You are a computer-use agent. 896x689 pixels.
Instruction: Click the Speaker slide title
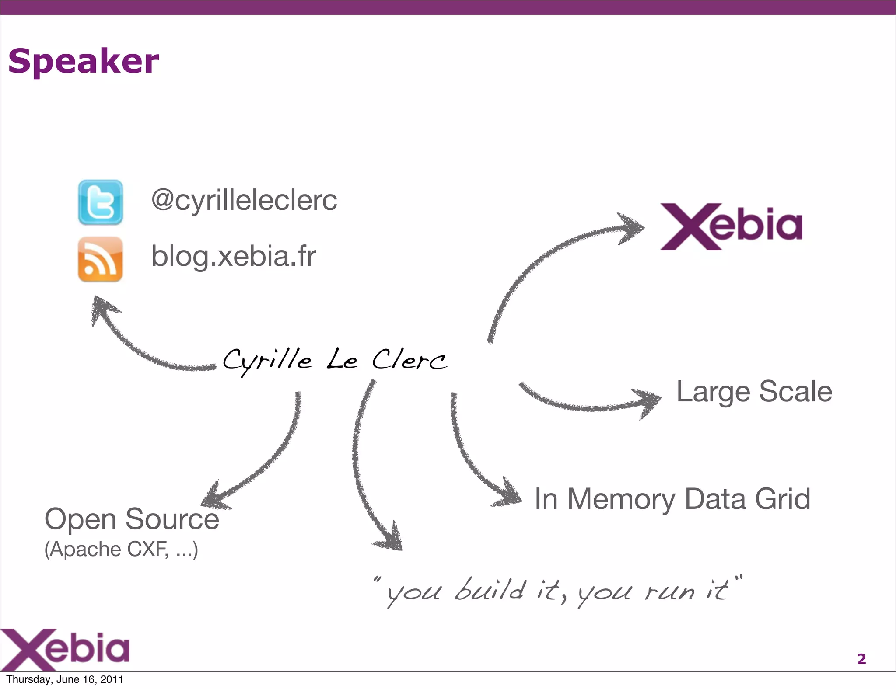point(84,61)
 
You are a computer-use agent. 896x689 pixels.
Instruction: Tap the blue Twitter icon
point(100,202)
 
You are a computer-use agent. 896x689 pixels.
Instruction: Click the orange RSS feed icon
point(100,259)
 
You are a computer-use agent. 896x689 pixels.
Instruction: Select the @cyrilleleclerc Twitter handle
point(244,200)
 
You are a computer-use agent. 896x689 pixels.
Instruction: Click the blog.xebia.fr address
point(234,256)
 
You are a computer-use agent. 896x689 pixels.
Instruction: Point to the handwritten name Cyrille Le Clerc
point(335,360)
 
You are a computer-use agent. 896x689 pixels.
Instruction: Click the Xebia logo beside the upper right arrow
point(731,226)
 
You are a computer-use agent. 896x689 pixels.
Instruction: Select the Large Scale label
point(754,391)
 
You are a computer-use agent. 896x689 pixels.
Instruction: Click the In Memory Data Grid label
point(672,499)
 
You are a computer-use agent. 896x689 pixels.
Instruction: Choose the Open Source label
point(132,519)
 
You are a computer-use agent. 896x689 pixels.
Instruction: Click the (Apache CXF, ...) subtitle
point(121,549)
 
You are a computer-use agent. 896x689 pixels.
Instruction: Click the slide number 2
point(861,658)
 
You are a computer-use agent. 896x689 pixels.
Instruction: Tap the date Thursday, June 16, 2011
point(65,679)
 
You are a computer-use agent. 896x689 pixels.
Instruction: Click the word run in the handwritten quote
point(669,592)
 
